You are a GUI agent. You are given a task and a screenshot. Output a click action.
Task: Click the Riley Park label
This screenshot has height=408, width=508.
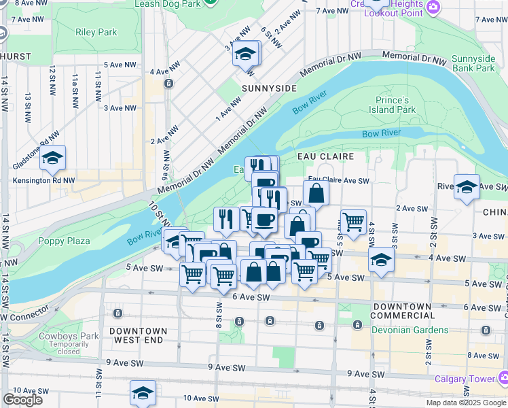click(x=97, y=32)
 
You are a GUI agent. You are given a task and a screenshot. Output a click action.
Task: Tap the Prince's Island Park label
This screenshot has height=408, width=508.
click(x=395, y=105)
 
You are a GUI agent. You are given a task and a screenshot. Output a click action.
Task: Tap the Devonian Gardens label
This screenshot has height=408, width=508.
click(x=410, y=330)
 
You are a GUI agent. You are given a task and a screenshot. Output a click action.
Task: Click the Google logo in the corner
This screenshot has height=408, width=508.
click(x=23, y=399)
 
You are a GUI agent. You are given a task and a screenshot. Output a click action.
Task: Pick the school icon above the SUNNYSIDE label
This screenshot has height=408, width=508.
click(x=246, y=54)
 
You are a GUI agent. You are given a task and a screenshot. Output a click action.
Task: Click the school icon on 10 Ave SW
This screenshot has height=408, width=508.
click(x=143, y=393)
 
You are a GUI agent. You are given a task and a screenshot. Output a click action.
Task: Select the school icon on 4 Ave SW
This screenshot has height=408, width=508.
click(x=381, y=260)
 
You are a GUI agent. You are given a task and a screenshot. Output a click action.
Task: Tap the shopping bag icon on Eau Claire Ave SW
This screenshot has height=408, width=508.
click(x=316, y=193)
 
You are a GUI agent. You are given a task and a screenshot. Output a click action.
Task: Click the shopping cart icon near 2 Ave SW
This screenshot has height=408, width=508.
click(x=353, y=221)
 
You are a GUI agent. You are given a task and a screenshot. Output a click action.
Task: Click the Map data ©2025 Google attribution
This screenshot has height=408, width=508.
click(x=465, y=403)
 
